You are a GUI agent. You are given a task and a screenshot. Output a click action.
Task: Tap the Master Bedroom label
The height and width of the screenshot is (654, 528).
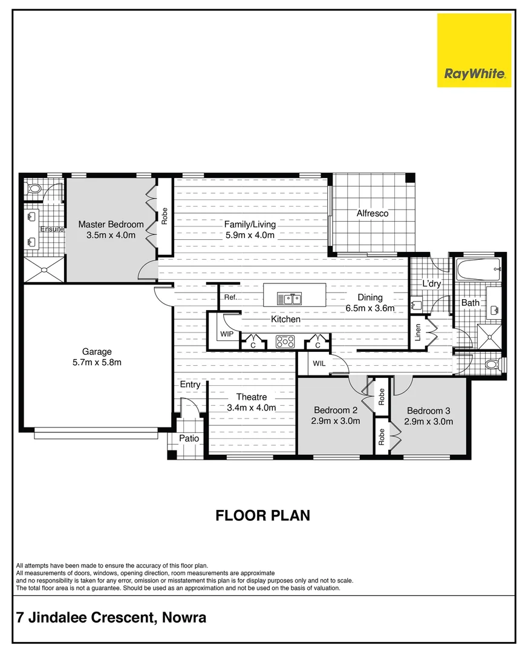coord(111,225)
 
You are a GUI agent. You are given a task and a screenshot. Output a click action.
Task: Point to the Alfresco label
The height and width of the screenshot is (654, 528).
coord(372,213)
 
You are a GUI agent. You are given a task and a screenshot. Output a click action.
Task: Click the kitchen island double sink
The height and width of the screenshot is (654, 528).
coord(289,298)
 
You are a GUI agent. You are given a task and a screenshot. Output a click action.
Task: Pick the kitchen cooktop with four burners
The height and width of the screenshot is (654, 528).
coord(284,342)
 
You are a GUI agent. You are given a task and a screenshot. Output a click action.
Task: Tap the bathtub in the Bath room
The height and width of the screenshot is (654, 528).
coord(477,269)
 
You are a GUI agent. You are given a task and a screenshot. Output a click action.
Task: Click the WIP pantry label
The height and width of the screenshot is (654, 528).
coord(227,334)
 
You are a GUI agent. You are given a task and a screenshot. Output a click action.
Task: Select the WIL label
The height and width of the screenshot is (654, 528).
coord(319,363)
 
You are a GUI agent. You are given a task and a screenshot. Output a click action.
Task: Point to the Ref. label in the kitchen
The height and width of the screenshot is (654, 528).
coord(230,297)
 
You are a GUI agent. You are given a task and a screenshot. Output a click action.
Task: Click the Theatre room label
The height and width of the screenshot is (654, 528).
coord(251,397)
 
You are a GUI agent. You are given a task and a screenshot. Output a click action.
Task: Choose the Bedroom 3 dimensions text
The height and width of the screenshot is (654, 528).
coord(429,421)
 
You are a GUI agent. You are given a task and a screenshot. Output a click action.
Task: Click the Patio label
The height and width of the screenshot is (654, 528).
coord(189,439)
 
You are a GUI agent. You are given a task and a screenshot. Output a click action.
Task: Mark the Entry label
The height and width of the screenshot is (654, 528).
coord(190,385)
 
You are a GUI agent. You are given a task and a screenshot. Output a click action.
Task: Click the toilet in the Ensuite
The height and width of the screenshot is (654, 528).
coord(33,189)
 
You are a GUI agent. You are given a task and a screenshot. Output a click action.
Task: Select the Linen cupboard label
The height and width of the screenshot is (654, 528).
coord(418,333)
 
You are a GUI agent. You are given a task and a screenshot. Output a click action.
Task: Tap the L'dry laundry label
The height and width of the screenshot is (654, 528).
coord(431,283)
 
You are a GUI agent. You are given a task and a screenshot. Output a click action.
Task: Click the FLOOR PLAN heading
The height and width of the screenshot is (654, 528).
coord(263,515)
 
